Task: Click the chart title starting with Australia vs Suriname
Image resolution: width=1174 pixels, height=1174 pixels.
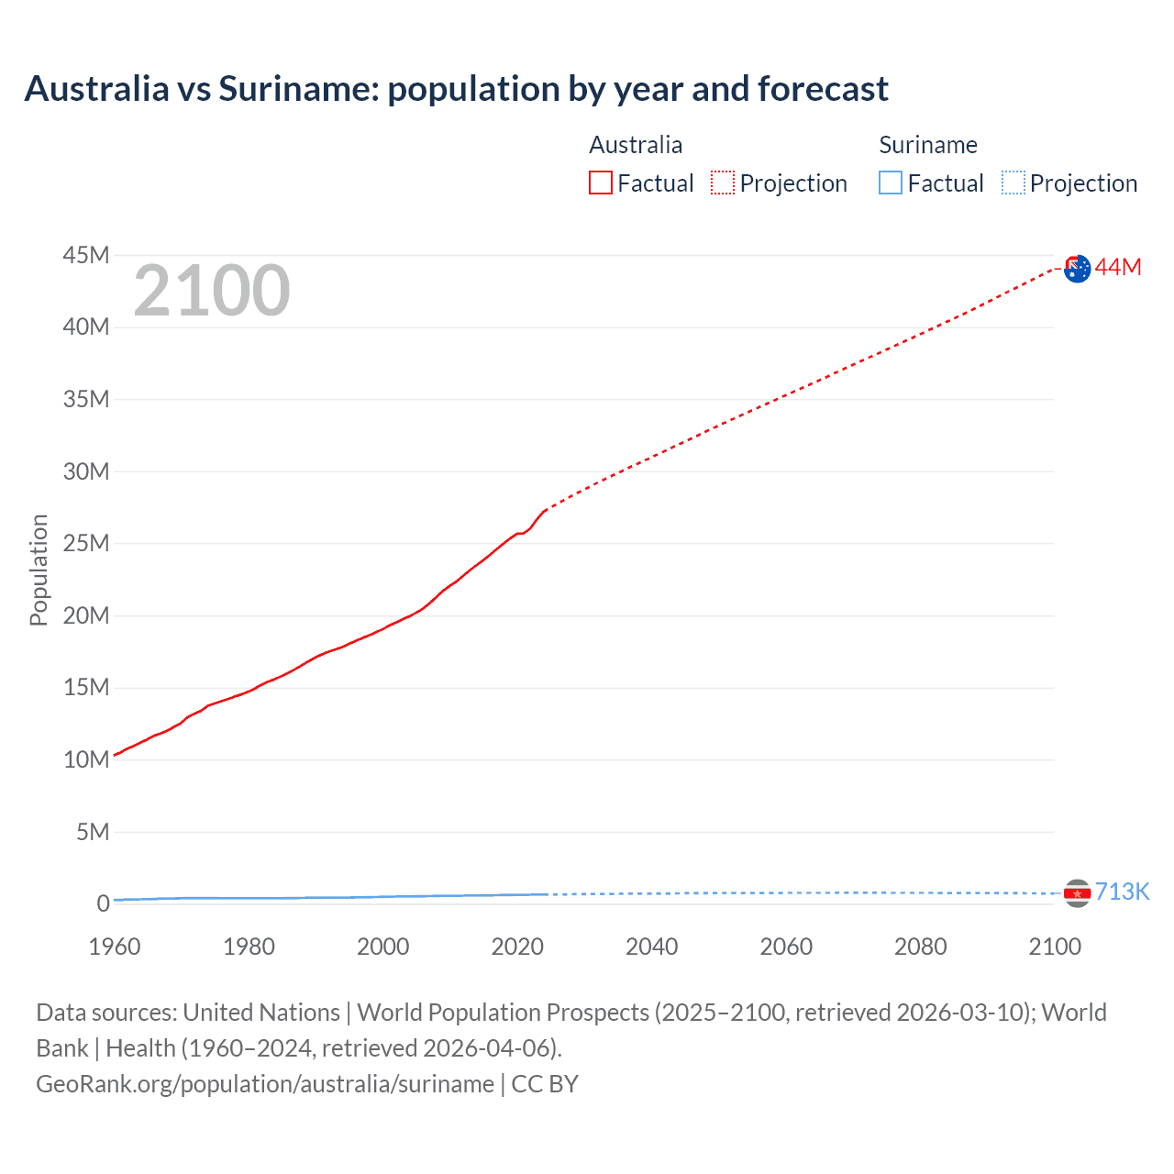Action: pyautogui.click(x=456, y=89)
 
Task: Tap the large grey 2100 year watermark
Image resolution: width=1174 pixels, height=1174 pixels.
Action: pyautogui.click(x=212, y=291)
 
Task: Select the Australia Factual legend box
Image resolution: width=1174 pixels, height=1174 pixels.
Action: pyautogui.click(x=601, y=183)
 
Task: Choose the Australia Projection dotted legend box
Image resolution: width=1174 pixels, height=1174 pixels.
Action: pyautogui.click(x=723, y=183)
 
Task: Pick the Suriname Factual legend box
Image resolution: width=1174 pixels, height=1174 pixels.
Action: pyautogui.click(x=891, y=183)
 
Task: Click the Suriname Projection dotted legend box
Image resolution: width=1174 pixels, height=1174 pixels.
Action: pyautogui.click(x=1013, y=183)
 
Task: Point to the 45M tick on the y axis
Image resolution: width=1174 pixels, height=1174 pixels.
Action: pyautogui.click(x=86, y=255)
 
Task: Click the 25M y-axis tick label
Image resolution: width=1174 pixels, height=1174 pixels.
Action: pyautogui.click(x=86, y=543)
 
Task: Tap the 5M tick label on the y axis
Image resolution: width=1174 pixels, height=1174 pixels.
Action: pyautogui.click(x=93, y=832)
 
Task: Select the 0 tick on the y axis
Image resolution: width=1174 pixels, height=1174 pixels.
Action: pyautogui.click(x=103, y=903)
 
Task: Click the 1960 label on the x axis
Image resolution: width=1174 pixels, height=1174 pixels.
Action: pyautogui.click(x=115, y=947)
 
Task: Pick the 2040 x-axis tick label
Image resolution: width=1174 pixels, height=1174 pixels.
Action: pyautogui.click(x=651, y=947)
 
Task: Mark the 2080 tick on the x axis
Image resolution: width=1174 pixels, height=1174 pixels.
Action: pyautogui.click(x=920, y=947)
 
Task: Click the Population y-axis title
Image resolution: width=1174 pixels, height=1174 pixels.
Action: pyautogui.click(x=39, y=570)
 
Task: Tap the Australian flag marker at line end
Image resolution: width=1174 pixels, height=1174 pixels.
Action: pyautogui.click(x=1078, y=269)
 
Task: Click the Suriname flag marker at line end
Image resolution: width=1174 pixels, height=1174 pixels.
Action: pyautogui.click(x=1077, y=893)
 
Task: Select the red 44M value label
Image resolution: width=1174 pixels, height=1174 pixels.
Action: pyautogui.click(x=1118, y=267)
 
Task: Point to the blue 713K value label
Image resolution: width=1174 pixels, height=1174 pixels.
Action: pyautogui.click(x=1122, y=892)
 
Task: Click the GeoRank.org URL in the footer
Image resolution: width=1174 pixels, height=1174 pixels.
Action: pyautogui.click(x=265, y=1084)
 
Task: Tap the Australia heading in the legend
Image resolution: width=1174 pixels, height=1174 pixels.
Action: pyautogui.click(x=636, y=145)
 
